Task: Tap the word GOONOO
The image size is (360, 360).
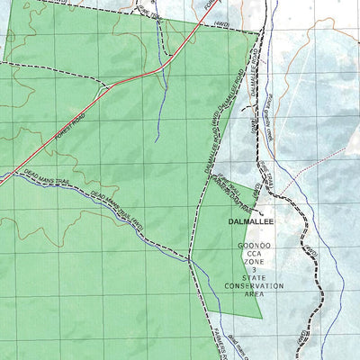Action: click(254, 246)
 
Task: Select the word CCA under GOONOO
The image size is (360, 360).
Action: click(254, 256)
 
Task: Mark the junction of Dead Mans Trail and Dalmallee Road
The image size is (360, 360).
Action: click(190, 260)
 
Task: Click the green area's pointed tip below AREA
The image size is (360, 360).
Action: click(262, 319)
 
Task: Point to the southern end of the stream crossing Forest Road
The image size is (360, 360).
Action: click(156, 140)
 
